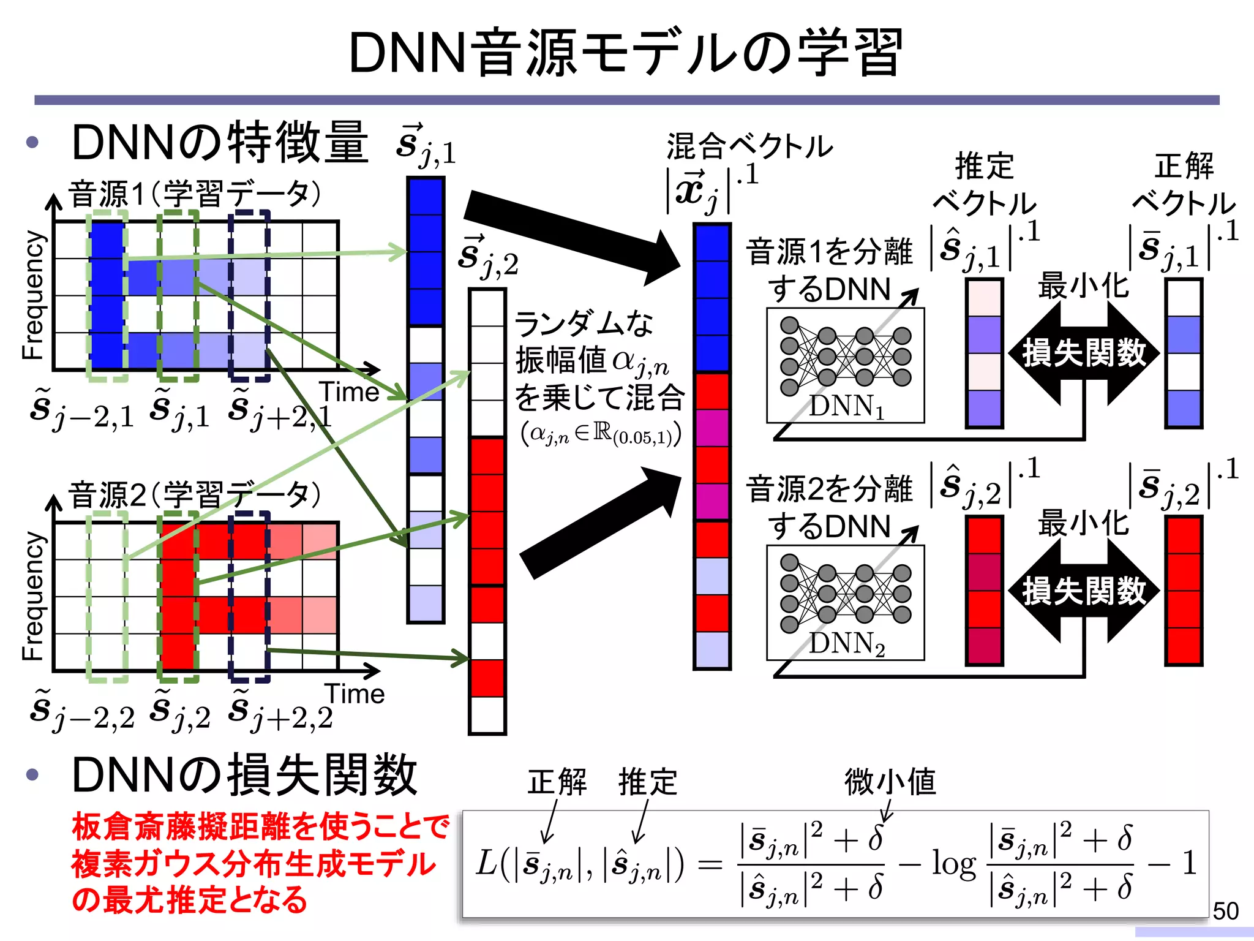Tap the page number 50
(1225, 911)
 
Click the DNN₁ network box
(845, 365)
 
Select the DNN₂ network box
(845, 603)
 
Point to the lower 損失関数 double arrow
(1083, 591)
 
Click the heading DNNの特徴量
(220, 143)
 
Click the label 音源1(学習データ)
(195, 194)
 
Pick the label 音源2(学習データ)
(195, 495)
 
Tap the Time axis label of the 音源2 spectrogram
(355, 693)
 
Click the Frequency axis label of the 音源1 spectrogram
(34, 295)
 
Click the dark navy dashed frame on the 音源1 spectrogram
(249, 295)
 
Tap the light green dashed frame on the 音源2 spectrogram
(107, 597)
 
